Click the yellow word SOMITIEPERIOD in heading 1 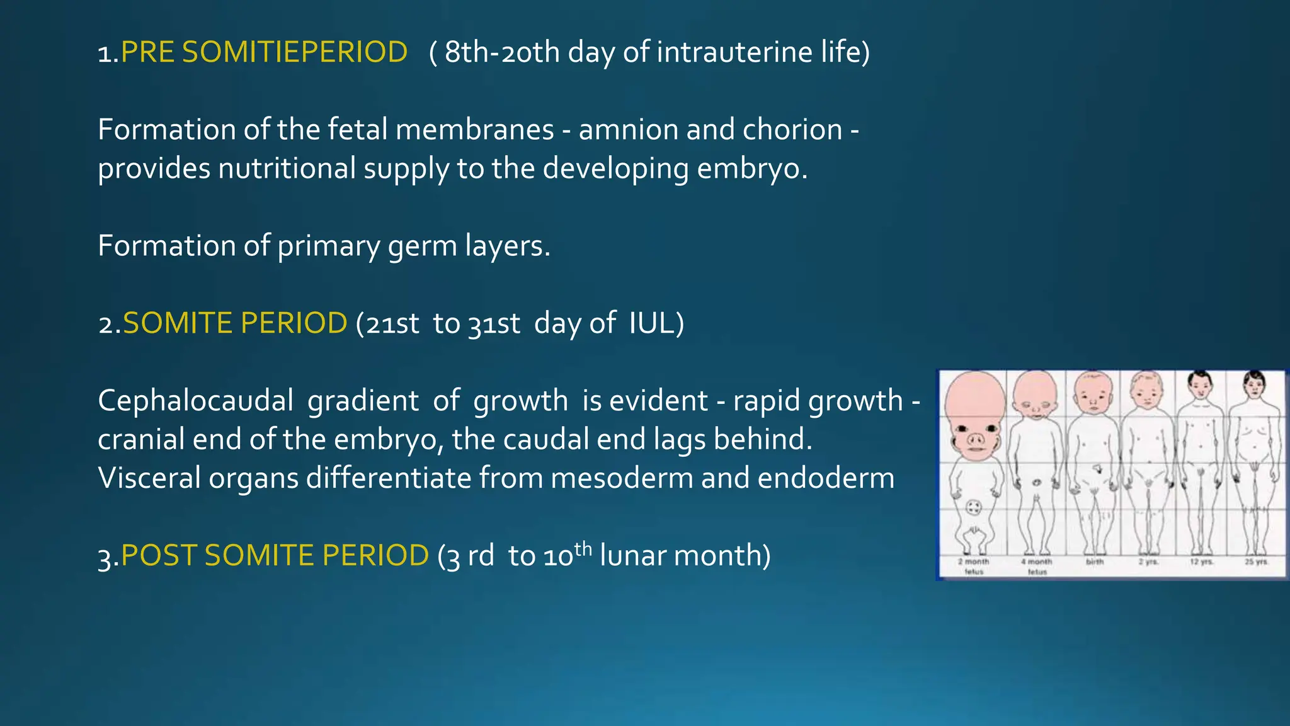coord(295,52)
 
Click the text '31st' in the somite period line coord(494,324)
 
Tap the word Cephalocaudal coord(195,401)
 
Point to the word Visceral coord(149,478)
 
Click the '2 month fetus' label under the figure coord(974,566)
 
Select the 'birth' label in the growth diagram coord(1095,561)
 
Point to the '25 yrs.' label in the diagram coord(1256,561)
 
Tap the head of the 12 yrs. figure coord(1201,383)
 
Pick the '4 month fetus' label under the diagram coord(1037,566)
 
